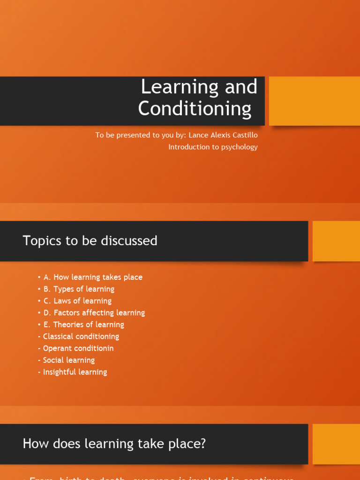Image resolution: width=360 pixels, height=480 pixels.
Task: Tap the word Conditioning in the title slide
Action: click(195, 109)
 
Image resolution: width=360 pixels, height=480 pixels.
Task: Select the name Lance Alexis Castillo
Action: click(223, 135)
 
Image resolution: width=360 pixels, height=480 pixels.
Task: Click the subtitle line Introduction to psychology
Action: click(213, 147)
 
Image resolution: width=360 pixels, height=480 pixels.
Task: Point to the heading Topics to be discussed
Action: click(90, 241)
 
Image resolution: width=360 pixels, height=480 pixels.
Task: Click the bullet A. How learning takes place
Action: click(92, 277)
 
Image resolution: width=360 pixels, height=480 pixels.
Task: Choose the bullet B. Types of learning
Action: click(78, 289)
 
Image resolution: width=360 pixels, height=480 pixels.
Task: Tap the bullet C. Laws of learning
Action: click(77, 300)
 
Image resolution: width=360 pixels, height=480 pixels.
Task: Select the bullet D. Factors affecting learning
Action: click(94, 313)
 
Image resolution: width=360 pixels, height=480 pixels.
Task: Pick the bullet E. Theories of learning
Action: click(83, 324)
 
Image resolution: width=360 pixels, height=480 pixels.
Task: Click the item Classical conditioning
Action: click(81, 336)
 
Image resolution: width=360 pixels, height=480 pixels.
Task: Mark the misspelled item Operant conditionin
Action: click(78, 348)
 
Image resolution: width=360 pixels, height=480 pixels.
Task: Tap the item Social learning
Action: click(68, 360)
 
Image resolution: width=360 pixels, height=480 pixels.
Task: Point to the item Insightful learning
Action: click(75, 372)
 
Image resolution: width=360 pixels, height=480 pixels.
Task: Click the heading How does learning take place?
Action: click(114, 444)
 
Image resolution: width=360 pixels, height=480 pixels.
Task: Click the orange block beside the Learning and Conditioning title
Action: click(314, 101)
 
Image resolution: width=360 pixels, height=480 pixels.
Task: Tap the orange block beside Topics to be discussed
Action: click(336, 241)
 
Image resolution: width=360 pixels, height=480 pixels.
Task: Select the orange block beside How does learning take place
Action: click(336, 444)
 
